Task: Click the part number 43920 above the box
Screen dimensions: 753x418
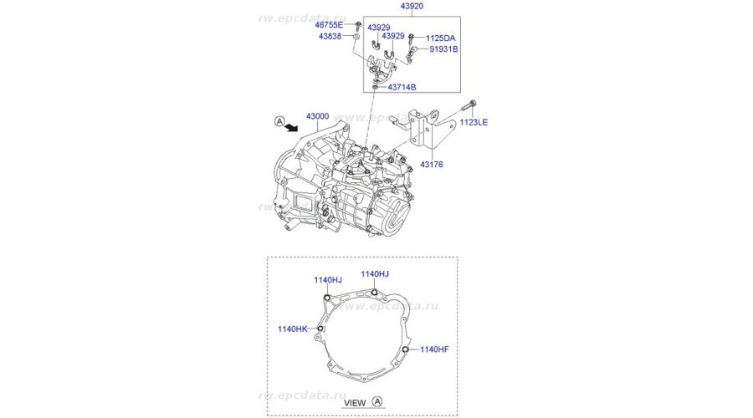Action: click(412, 6)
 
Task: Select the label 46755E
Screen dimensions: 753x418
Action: click(329, 25)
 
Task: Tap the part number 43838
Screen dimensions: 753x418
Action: click(330, 37)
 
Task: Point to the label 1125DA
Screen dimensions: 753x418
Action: click(440, 38)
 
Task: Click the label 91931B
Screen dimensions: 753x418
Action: click(443, 49)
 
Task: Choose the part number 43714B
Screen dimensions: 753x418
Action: click(402, 87)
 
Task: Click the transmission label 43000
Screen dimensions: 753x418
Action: click(317, 116)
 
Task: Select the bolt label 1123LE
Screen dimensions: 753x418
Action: click(474, 122)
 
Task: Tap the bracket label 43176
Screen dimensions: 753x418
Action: click(431, 165)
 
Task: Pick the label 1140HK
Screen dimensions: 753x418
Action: click(293, 329)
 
